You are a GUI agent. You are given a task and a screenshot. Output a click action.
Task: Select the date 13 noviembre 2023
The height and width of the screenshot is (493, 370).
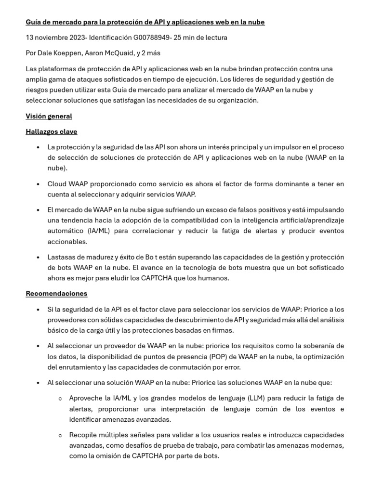tap(55, 38)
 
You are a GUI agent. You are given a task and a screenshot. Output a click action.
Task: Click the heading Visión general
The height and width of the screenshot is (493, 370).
tap(49, 116)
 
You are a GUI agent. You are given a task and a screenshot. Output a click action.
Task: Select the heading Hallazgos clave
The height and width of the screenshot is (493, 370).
tap(51, 131)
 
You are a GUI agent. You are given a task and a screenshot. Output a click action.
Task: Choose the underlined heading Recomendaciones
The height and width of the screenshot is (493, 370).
tap(56, 293)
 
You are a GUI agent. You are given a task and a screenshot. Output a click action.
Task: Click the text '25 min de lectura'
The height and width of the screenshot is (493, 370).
tap(203, 38)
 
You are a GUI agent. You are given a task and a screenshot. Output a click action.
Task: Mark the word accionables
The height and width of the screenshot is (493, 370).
tap(67, 242)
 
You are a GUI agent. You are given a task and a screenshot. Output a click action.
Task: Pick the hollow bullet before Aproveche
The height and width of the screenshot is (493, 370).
tap(60, 399)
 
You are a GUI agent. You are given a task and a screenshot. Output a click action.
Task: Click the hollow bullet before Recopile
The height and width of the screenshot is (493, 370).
tap(60, 435)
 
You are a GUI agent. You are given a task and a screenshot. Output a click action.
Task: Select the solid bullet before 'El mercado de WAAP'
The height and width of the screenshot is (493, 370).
tap(38, 210)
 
